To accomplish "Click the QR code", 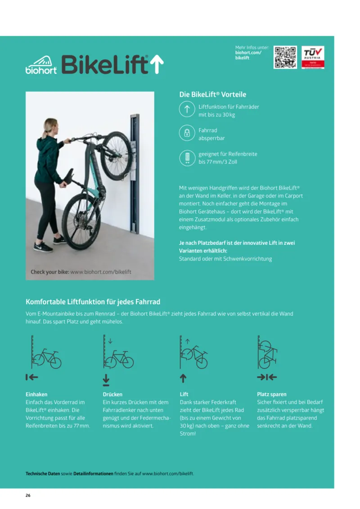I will click(x=285, y=57).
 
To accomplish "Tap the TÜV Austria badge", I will click(x=313, y=57).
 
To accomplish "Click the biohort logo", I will click(x=41, y=65).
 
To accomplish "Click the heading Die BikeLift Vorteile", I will click(x=212, y=95).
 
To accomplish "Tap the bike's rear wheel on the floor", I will click(x=81, y=221).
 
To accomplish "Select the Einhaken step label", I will click(x=36, y=394).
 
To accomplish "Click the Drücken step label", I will click(x=112, y=394).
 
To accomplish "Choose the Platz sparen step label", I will click(x=271, y=394).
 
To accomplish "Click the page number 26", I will click(x=28, y=495).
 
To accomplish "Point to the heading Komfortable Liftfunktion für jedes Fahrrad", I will click(x=93, y=302).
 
